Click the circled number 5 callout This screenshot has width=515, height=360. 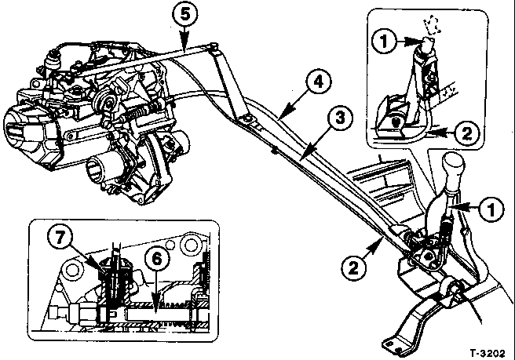point(185,15)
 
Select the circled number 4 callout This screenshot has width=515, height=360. point(318,82)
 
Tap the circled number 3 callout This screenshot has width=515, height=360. point(340,118)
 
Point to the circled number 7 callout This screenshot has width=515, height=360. point(60,238)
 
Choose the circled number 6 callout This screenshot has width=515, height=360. point(157,260)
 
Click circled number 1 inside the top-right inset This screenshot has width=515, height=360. point(384,42)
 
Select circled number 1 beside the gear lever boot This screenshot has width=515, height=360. point(491,209)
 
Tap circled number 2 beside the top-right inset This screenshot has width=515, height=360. point(466,133)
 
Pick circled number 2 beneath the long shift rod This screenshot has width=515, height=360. point(353,269)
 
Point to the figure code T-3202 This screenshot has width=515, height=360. point(487,353)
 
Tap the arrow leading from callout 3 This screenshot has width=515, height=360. point(314,142)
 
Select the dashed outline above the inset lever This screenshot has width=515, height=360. point(432,25)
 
